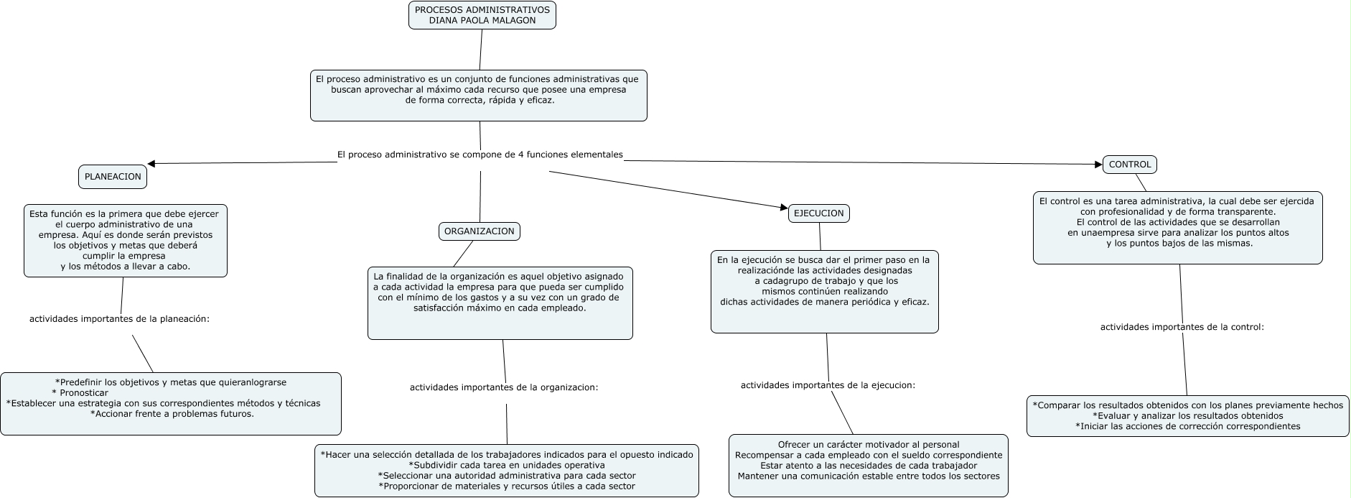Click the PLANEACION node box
[x=113, y=177]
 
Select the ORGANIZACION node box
[x=480, y=231]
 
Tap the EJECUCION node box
[x=819, y=213]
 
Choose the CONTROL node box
[x=1129, y=165]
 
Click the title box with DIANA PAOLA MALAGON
[x=482, y=15]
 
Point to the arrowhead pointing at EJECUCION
[x=784, y=208]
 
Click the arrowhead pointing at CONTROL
[x=1098, y=165]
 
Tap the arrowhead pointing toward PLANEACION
[x=151, y=164]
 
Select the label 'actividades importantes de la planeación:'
[x=119, y=318]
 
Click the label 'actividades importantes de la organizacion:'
[x=504, y=387]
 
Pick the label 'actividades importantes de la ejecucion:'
[x=828, y=385]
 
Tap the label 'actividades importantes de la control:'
[x=1182, y=327]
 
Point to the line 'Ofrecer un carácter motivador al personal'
[x=868, y=445]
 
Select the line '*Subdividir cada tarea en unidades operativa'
[x=506, y=465]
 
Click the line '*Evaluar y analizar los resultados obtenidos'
[x=1187, y=415]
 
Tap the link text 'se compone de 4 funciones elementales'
[x=536, y=155]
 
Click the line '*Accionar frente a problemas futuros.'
[x=172, y=414]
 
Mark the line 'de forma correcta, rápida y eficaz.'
[x=480, y=101]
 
